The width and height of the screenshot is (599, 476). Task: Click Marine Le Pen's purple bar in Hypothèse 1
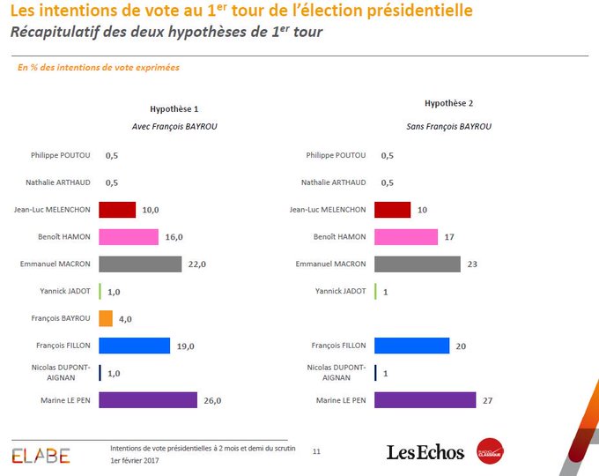(x=147, y=399)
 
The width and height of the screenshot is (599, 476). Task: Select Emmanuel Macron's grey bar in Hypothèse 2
(x=417, y=264)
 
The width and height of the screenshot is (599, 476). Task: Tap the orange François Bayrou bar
(x=105, y=318)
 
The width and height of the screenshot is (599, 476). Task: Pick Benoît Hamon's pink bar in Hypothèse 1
(x=129, y=236)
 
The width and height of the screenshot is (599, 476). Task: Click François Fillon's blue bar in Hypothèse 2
(x=411, y=346)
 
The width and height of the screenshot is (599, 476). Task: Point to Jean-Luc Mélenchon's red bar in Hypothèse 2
(x=392, y=210)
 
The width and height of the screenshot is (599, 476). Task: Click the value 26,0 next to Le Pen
(x=211, y=400)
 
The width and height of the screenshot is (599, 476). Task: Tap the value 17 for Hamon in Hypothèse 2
(x=449, y=236)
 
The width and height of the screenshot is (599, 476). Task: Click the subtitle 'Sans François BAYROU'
(x=449, y=126)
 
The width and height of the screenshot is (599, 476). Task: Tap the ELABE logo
(x=41, y=455)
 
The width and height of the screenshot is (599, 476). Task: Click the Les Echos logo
(x=425, y=452)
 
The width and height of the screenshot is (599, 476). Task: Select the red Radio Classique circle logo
(x=490, y=450)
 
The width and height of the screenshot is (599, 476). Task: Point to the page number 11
(x=316, y=451)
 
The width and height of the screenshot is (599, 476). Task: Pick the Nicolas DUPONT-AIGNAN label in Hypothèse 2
(x=336, y=372)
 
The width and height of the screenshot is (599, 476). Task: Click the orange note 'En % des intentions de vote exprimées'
(x=98, y=67)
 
